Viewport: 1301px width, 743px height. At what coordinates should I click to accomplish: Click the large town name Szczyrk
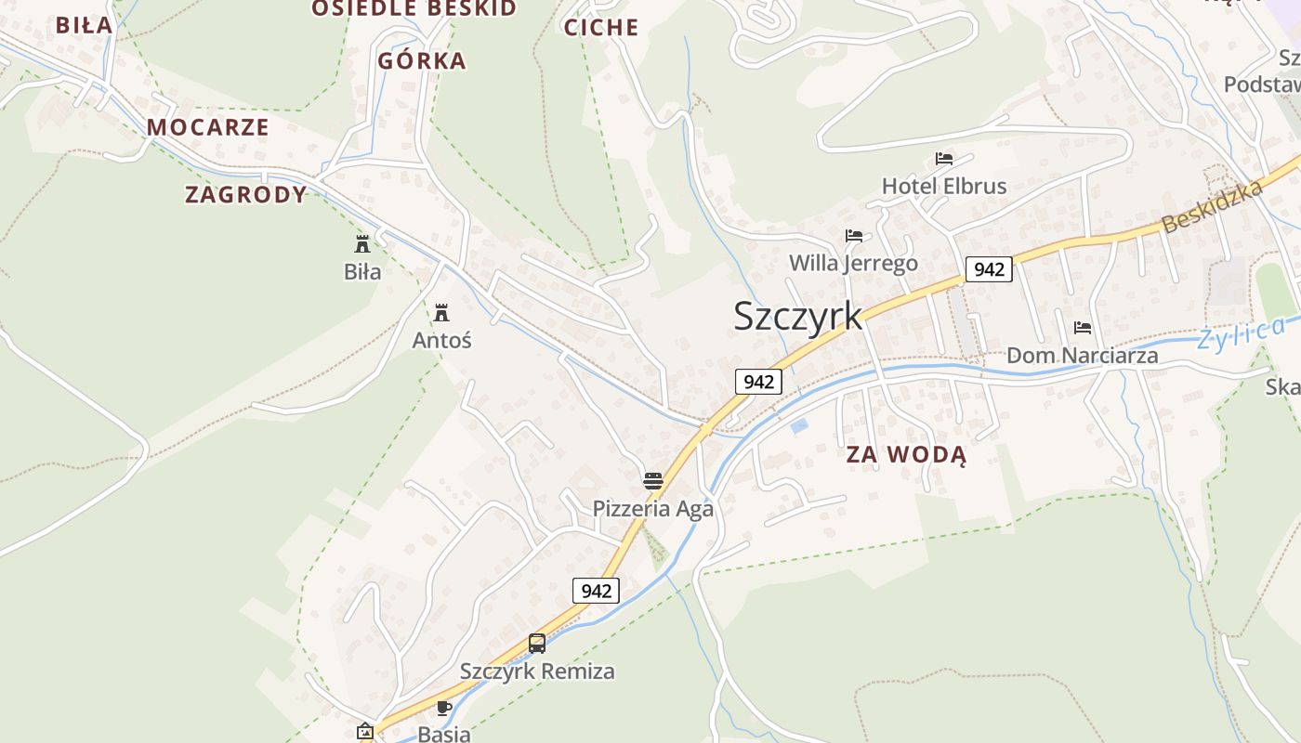pos(797,316)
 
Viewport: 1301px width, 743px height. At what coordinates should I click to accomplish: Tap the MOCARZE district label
pos(208,127)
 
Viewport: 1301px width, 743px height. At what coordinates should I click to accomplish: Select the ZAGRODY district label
pos(246,194)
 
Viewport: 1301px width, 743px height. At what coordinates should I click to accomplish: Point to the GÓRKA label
pos(422,61)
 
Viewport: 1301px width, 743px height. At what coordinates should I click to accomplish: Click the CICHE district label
pos(601,28)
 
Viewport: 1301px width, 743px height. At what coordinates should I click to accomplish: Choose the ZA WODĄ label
pos(906,455)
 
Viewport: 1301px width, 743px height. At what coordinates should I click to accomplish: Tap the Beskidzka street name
pos(1213,206)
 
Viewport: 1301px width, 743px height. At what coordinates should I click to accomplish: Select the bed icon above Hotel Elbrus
pos(944,159)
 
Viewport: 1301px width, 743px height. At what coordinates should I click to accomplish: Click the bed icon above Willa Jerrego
pos(854,236)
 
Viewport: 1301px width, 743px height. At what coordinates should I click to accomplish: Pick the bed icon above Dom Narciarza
pos(1083,328)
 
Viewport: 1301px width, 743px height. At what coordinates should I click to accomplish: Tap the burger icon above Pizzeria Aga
pos(653,481)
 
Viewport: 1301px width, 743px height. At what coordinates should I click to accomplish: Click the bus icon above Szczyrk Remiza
pos(537,643)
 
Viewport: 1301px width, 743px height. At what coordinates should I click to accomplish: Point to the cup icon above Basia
pos(444,708)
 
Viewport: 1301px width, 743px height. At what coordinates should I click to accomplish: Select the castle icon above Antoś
pos(441,312)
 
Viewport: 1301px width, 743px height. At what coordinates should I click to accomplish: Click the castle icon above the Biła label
pos(362,244)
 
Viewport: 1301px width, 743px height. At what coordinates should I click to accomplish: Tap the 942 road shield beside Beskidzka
pos(989,269)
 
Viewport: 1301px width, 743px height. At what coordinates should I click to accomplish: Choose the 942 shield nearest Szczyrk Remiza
pos(596,591)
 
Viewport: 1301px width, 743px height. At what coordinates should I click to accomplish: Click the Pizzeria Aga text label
pos(653,509)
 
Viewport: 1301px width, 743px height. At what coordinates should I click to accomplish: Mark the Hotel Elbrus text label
pos(944,186)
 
